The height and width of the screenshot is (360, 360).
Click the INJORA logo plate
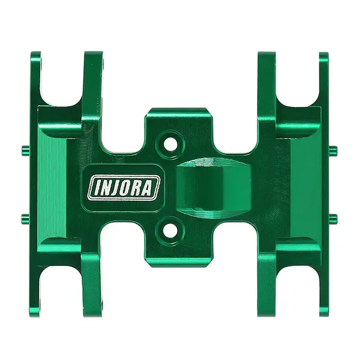124,187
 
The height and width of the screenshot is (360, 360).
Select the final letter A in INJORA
147,187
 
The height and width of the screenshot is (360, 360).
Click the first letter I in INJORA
94,187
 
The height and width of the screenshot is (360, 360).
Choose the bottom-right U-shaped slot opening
298,288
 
